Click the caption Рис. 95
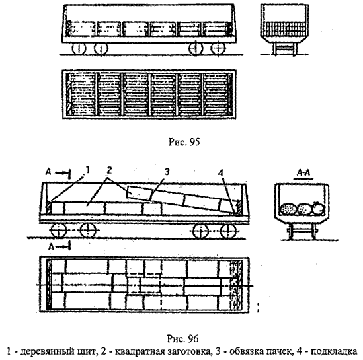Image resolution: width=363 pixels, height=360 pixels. pyautogui.click(x=184, y=142)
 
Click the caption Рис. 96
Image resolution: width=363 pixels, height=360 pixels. pyautogui.click(x=182, y=339)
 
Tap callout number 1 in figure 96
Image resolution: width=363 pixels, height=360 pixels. pyautogui.click(x=87, y=170)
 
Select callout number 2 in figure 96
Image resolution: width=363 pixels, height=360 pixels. pyautogui.click(x=109, y=170)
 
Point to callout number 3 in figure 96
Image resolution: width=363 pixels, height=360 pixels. pyautogui.click(x=167, y=172)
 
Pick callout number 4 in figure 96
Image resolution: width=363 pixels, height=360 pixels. pyautogui.click(x=220, y=172)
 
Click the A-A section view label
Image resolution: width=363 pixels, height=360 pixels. pyautogui.click(x=303, y=173)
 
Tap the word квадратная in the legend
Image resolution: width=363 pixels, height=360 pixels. pyautogui.click(x=137, y=351)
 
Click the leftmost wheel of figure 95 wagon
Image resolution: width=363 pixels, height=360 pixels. pyautogui.click(x=79, y=49)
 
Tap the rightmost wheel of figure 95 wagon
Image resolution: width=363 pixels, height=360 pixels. pyautogui.click(x=218, y=49)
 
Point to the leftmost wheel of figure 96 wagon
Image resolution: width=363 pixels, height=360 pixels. pyautogui.click(x=59, y=231)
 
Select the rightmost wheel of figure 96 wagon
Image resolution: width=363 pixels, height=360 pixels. pyautogui.click(x=228, y=231)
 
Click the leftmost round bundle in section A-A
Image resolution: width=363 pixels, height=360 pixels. pyautogui.click(x=288, y=209)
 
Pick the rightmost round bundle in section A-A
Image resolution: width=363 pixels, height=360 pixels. pyautogui.click(x=318, y=209)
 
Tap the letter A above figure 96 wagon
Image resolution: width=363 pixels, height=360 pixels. pyautogui.click(x=48, y=172)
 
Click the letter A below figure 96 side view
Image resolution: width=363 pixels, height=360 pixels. pyautogui.click(x=51, y=247)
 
